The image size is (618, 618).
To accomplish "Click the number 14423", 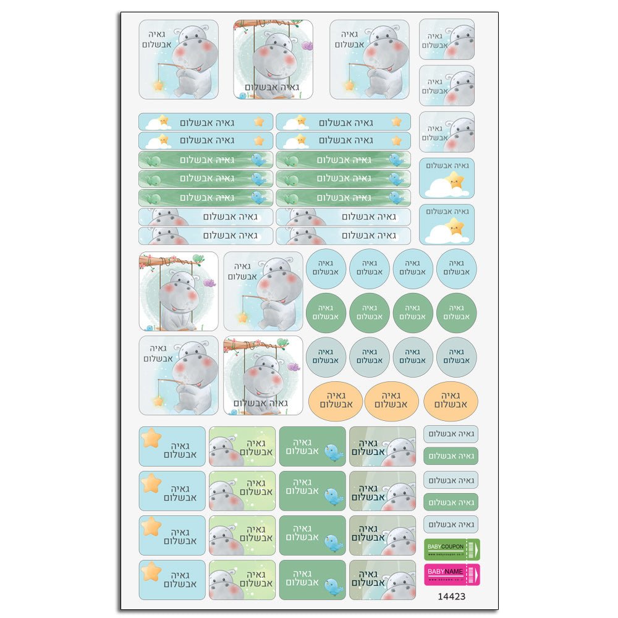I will pos(451,597).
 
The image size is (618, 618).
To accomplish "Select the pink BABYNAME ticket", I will pos(452,574).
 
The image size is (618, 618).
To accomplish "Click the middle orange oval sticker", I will pos(391,400).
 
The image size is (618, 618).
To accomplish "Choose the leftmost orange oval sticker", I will pos(335,400).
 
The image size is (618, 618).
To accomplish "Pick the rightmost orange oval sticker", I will pos(451,400).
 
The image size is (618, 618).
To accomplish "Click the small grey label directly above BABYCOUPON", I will pos(451,525).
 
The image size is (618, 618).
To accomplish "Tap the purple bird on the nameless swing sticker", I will pos(209,283).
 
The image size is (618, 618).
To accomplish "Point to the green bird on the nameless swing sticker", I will pos(198,259).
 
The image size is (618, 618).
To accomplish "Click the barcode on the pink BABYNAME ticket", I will pos(473,574).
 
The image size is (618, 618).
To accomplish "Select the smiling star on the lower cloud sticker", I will pos(455,226).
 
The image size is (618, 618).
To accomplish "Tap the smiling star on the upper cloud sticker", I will pos(455,180).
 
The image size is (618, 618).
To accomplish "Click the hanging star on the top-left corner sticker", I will pos(159,85).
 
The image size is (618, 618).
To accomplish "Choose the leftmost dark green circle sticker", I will pos(326,313).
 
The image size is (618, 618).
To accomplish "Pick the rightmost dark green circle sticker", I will pos(457,313).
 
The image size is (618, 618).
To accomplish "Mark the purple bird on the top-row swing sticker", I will pos(307,45).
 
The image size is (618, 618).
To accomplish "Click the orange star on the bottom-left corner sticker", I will pos(151,572).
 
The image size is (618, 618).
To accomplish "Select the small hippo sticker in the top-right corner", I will pos(447,39).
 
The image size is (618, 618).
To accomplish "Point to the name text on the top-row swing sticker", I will pos(273,88).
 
